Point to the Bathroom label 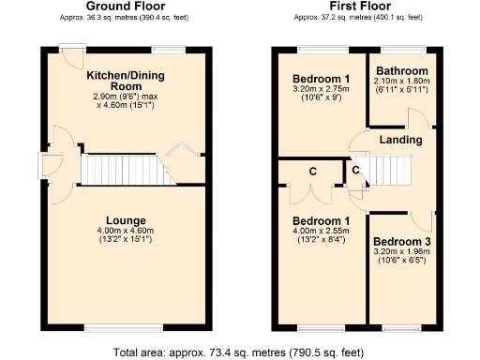click(402, 71)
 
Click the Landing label click(400, 140)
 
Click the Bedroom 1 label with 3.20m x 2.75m click(321, 78)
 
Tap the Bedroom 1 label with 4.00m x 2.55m click(321, 220)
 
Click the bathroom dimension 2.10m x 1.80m click(402, 82)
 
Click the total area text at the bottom click(240, 352)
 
